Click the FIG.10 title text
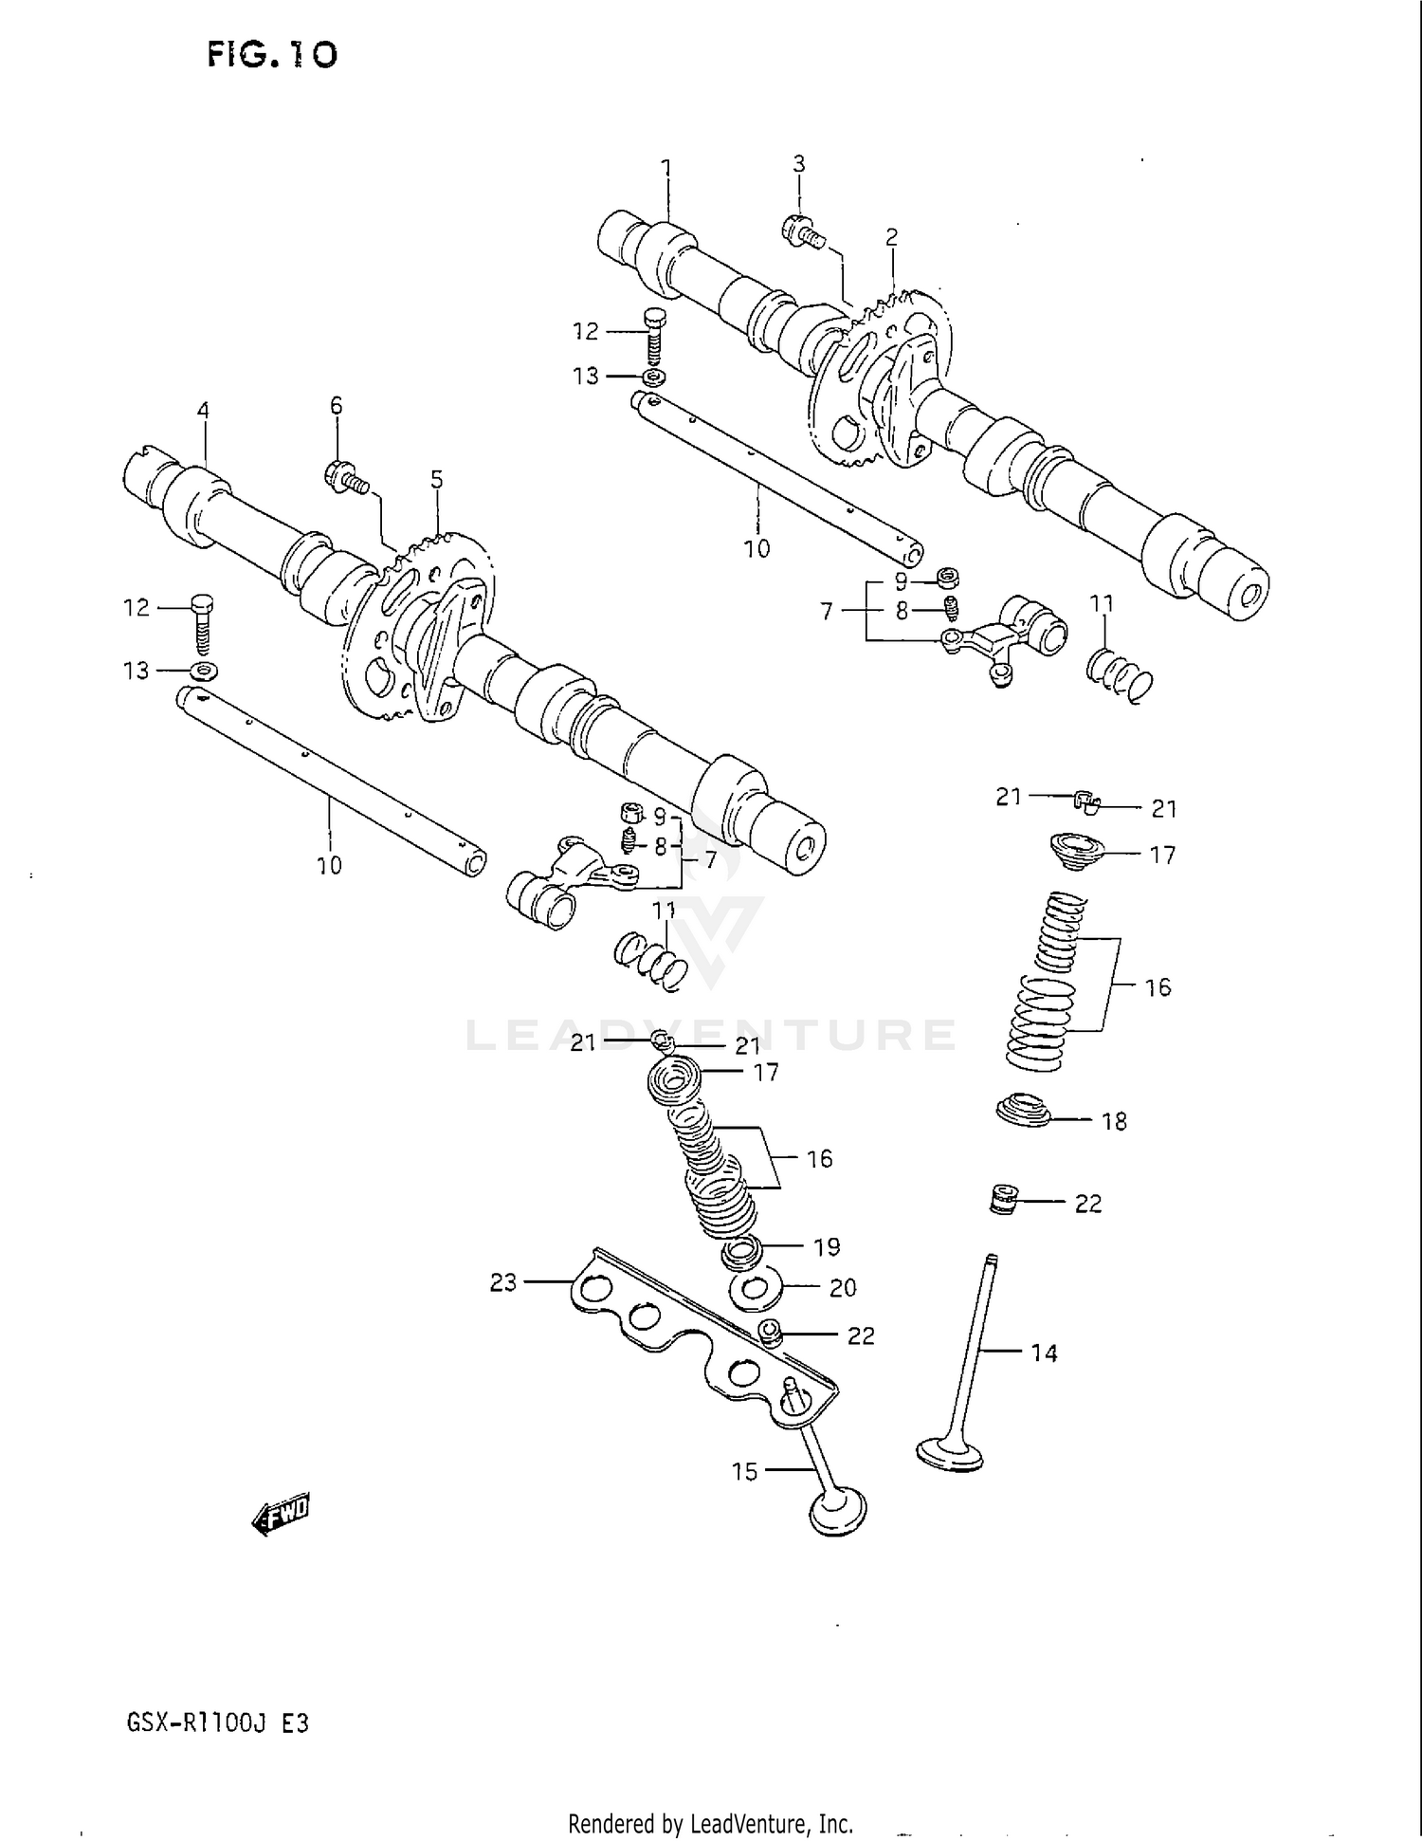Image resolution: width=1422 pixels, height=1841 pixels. point(272,54)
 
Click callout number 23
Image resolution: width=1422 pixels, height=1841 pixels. point(503,1282)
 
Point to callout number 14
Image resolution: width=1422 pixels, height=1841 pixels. point(1044,1353)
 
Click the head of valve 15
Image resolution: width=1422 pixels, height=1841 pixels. point(838,1510)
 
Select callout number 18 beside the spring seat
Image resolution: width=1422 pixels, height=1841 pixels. point(1114,1121)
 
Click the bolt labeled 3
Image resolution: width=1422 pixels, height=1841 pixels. point(802,230)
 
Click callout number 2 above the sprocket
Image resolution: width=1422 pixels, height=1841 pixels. point(891,237)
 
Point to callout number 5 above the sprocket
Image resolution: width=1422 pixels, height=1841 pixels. point(436,479)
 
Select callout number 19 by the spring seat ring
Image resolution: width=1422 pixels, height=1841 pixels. point(827,1246)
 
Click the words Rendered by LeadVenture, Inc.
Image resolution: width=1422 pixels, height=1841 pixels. point(710,1824)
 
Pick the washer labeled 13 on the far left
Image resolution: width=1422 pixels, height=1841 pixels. point(203,671)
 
